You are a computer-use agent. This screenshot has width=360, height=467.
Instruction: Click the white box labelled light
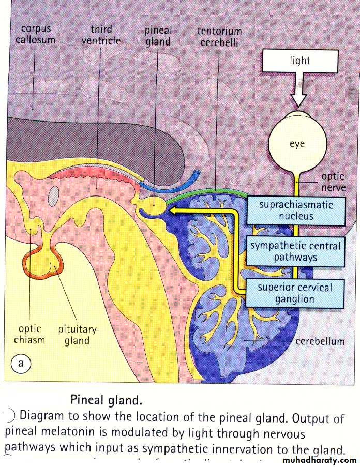pyautogui.click(x=300, y=61)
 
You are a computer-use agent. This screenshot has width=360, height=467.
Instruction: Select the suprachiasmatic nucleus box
pyautogui.click(x=296, y=210)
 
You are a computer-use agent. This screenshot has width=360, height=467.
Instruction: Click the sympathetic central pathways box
pyautogui.click(x=296, y=251)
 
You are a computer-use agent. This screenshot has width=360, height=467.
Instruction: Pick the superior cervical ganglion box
pyautogui.click(x=295, y=293)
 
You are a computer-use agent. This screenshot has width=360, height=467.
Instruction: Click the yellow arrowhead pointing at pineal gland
pyautogui.click(x=174, y=210)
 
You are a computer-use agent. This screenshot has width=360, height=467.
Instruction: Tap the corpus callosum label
pyautogui.click(x=35, y=34)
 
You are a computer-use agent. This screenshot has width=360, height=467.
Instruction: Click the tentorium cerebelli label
pyautogui.click(x=218, y=36)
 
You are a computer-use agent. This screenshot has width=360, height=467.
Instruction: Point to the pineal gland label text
pyautogui.click(x=158, y=36)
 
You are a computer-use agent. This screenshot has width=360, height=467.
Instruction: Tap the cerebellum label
pyautogui.click(x=320, y=341)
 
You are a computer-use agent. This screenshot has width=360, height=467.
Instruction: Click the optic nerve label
pyautogui.click(x=333, y=182)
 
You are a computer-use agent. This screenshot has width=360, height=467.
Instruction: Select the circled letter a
pyautogui.click(x=21, y=363)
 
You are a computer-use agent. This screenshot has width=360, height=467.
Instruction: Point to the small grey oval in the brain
pyautogui.click(x=54, y=195)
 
